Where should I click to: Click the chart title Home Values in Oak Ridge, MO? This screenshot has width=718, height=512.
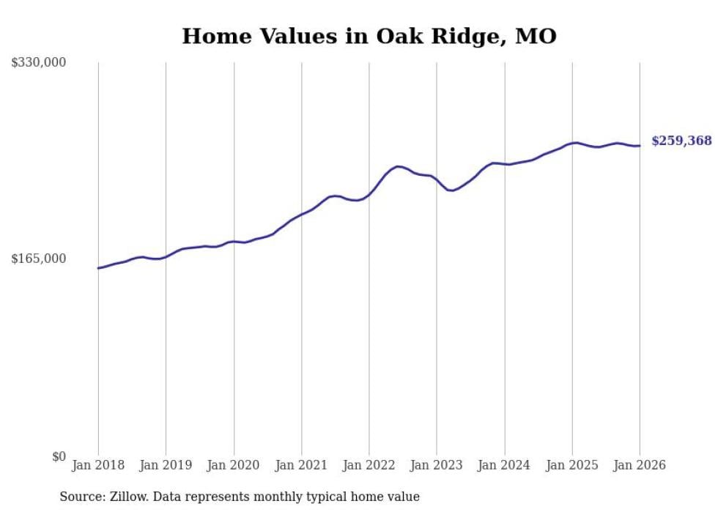coord(369,36)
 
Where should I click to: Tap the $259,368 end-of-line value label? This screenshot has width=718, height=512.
coord(681,141)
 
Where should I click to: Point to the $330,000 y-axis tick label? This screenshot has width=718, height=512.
coord(39,63)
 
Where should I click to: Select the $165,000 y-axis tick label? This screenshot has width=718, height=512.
coord(39,259)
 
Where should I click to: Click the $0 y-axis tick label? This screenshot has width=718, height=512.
coord(59,457)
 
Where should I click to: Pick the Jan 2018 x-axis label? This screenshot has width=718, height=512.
coord(98,465)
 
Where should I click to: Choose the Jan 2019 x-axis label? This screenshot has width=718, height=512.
coord(166,465)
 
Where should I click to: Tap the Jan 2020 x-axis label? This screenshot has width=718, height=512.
coord(234,465)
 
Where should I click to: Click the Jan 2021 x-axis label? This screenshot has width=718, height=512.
coord(301,465)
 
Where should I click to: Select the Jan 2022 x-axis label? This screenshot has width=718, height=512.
coord(369,465)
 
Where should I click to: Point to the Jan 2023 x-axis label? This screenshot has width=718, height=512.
coord(437,465)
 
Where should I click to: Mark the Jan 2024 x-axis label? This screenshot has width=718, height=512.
coord(505,465)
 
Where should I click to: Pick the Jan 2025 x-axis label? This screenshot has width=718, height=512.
coord(572,465)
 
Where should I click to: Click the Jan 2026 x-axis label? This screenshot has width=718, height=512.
coord(640,465)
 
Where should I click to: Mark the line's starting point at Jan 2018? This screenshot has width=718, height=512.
coord(98,268)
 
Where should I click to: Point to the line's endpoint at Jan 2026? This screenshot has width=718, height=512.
coord(640,146)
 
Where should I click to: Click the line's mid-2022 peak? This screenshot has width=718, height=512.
coord(398,166)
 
